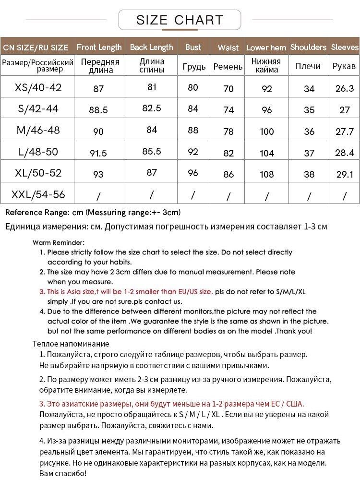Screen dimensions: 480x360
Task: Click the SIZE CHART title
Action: (x=180, y=20)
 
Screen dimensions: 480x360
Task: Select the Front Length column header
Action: (x=99, y=47)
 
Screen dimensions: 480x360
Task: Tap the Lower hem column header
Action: (x=266, y=48)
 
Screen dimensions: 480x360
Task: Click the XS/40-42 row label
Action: (x=38, y=87)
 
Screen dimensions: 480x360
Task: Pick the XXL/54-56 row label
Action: (x=38, y=194)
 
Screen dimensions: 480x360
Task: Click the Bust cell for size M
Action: (x=193, y=131)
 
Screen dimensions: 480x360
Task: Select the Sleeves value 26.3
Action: (x=345, y=88)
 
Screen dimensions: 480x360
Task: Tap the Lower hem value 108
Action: (x=266, y=174)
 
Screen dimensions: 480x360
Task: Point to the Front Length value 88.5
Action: (x=98, y=110)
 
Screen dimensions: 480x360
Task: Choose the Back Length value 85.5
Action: (x=152, y=151)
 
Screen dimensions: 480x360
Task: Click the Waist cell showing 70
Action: (x=228, y=89)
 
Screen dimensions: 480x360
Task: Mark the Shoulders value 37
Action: (x=309, y=153)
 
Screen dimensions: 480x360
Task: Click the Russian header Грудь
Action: (x=194, y=66)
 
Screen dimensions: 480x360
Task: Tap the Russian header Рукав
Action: (x=344, y=66)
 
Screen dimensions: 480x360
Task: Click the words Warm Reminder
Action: (x=59, y=242)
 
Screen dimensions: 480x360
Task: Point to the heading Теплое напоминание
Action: (x=71, y=344)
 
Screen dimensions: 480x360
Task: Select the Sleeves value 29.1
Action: (x=345, y=174)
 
